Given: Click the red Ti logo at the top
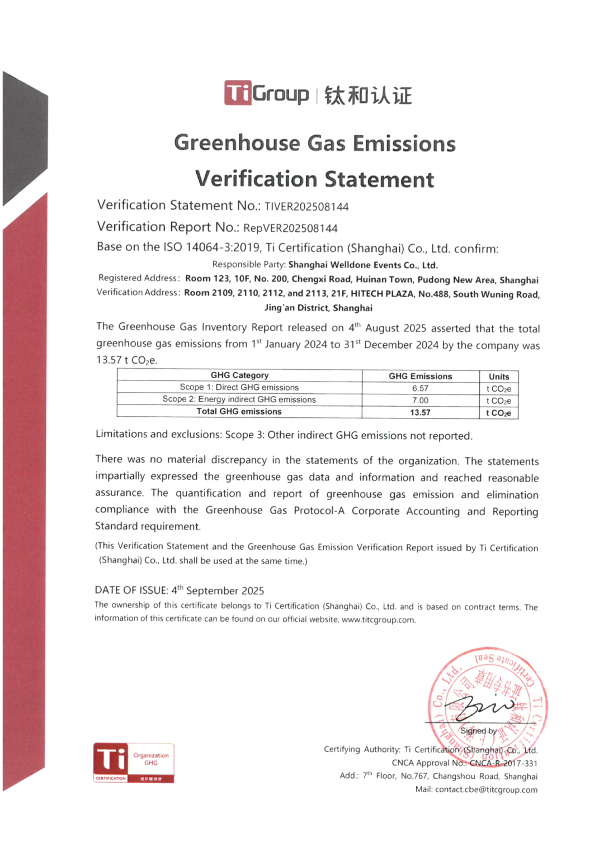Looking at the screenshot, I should point(238,93).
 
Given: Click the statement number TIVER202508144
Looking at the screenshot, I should point(306,207).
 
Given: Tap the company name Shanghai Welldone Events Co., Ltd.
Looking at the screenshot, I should point(363,265).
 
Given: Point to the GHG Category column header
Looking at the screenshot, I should point(239,375).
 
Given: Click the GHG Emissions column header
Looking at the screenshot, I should point(420,377).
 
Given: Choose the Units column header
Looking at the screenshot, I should point(499,377).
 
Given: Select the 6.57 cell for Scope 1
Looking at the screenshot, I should point(420,388).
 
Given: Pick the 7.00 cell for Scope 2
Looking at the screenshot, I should point(420,401).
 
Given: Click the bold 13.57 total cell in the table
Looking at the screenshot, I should point(420,413).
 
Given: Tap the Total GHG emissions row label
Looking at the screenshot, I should point(239,412).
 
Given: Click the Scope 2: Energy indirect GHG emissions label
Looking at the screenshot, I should point(239,399).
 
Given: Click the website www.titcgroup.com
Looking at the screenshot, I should point(378,620).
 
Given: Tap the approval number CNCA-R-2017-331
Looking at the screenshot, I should point(503,763).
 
